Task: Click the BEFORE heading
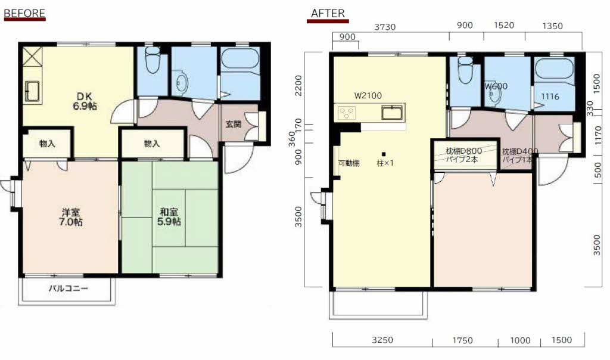[x=24, y=13]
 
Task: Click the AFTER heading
[x=328, y=13]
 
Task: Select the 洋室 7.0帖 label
[x=71, y=217]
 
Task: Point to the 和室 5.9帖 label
[x=169, y=217]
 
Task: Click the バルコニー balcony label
[x=69, y=288]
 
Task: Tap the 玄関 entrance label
[x=234, y=124]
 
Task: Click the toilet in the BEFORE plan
[x=152, y=59]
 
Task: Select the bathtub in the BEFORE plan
[x=240, y=60]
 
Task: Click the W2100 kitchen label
[x=368, y=95]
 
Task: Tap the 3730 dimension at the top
[x=385, y=27]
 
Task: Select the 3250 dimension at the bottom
[x=382, y=340]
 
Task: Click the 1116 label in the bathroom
[x=550, y=96]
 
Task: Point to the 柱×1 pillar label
[x=385, y=163]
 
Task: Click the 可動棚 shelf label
[x=348, y=163]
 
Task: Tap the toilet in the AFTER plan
[x=465, y=70]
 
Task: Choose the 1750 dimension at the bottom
[x=462, y=340]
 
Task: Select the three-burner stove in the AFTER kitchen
[x=347, y=113]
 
